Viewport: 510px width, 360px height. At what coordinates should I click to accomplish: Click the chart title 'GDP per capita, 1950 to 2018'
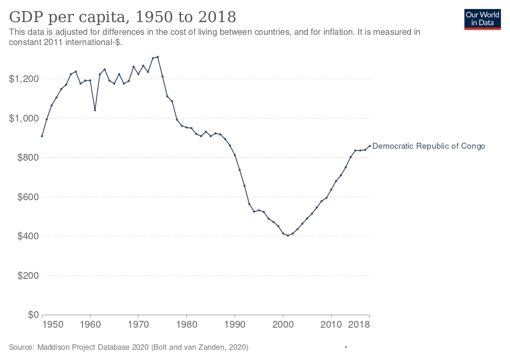(122, 17)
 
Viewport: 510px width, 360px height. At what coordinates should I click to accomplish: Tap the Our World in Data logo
(482, 19)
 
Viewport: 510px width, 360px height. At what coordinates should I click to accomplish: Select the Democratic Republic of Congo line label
(428, 146)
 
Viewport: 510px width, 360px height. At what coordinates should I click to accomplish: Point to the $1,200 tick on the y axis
(24, 79)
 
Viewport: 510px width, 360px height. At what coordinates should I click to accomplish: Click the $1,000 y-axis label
(24, 118)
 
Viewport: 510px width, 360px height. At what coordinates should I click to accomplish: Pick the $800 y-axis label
(28, 158)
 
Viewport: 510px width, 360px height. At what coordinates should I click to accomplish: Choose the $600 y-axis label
(28, 197)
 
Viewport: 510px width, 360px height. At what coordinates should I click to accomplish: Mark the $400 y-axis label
(28, 236)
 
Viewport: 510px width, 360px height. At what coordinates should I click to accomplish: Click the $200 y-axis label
(28, 276)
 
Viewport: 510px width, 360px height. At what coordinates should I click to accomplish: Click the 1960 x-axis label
(90, 325)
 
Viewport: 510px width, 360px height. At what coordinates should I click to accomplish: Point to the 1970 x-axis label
(139, 325)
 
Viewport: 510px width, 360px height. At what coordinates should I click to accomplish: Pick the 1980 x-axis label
(187, 325)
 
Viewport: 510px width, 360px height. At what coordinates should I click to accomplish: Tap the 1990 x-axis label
(235, 325)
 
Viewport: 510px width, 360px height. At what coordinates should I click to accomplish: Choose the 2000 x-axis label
(283, 325)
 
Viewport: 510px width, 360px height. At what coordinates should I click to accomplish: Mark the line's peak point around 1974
(158, 57)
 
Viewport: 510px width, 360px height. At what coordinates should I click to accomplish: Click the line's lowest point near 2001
(288, 235)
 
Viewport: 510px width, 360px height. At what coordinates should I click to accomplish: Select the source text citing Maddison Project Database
(128, 347)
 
